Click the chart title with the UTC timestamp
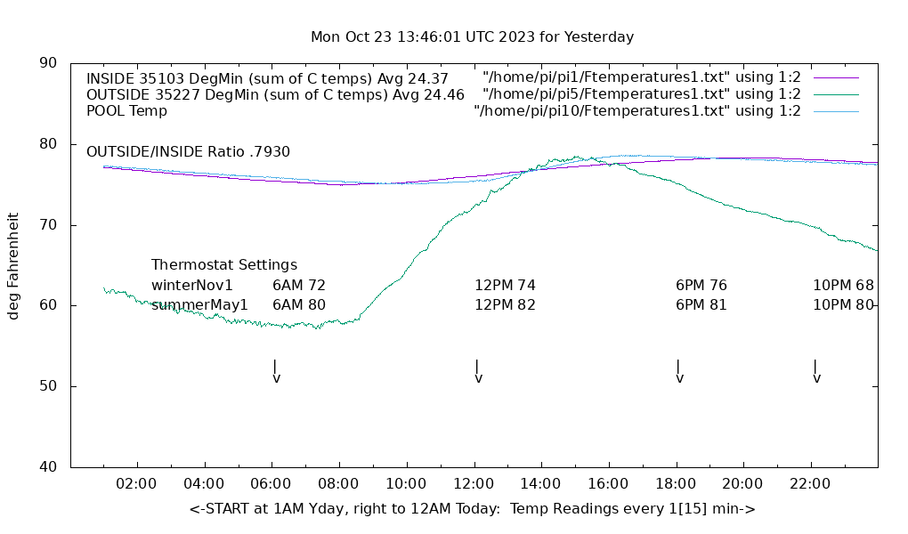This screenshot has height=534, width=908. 472,37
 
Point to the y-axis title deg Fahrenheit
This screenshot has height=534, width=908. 13,265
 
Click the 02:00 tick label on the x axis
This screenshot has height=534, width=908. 137,484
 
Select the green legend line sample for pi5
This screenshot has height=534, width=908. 835,94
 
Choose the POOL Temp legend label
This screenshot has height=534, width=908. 126,111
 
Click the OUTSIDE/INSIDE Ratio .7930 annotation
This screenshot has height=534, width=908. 188,152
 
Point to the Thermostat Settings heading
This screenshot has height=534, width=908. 224,265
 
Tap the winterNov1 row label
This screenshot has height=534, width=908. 192,286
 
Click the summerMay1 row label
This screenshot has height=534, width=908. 199,305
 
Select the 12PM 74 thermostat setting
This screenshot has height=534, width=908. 505,286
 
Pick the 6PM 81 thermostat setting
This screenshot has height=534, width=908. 701,305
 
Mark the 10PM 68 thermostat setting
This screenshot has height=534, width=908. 843,286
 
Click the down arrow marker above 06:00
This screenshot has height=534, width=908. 276,371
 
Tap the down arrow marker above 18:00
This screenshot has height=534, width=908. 679,371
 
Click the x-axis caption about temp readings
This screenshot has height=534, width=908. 472,509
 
